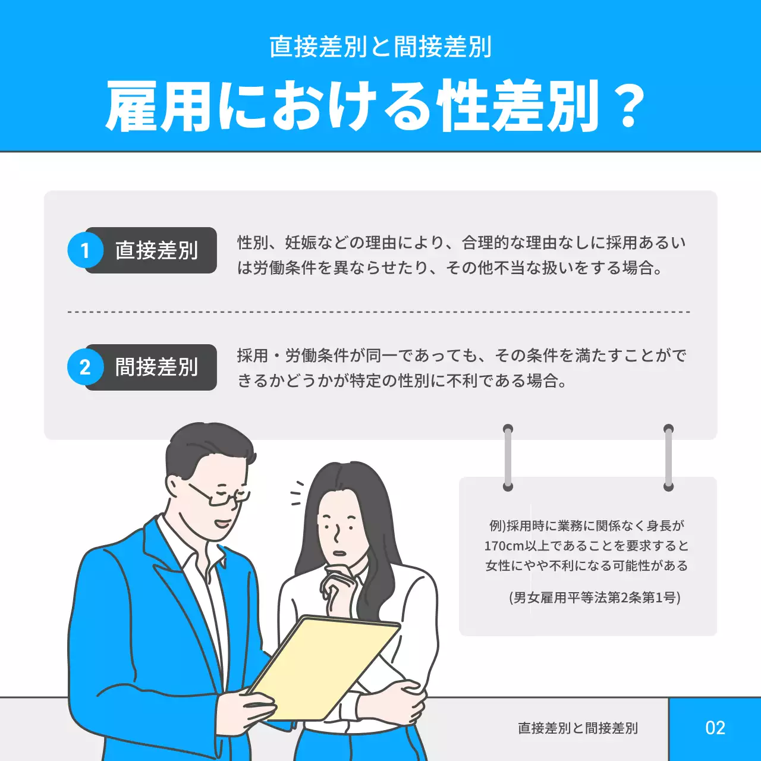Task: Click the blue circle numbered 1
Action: coord(85,250)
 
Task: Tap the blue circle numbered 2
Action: coord(85,367)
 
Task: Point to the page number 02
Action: coord(715,728)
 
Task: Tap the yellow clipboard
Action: coord(324,668)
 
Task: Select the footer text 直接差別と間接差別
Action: coord(578,728)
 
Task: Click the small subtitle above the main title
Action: coord(380,47)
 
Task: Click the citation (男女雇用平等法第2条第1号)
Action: coord(595,598)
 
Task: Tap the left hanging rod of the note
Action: coord(508,458)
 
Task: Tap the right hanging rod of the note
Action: coord(669,458)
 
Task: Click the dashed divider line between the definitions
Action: coord(379,312)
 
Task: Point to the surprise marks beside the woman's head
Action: coord(298,493)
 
